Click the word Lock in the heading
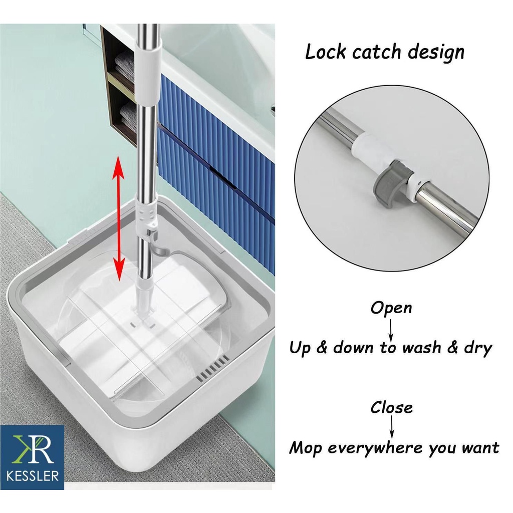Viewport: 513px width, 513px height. point(325,52)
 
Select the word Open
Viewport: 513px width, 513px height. point(391,308)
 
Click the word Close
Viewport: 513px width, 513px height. point(391,407)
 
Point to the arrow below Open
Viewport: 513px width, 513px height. point(391,330)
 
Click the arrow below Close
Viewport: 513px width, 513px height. point(392,427)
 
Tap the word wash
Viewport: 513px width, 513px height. point(421,348)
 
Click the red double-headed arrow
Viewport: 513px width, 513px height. point(118,218)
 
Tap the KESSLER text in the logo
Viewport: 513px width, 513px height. point(33,475)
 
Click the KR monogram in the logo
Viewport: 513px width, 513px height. point(33,448)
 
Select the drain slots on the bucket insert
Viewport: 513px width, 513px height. point(212,369)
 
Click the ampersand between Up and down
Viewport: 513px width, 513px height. point(322,348)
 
